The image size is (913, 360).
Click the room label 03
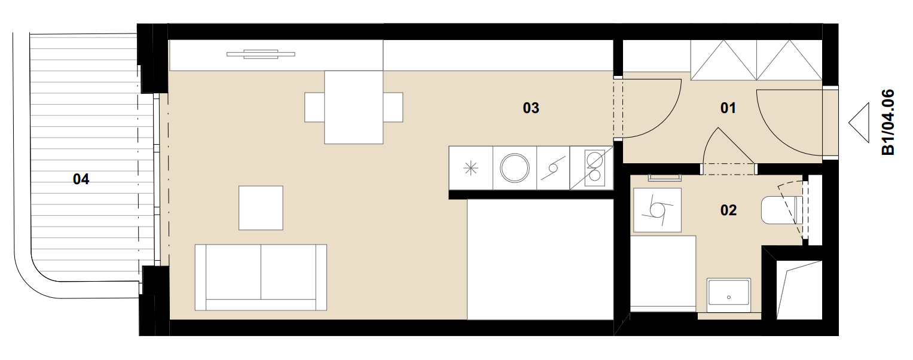click(x=531, y=108)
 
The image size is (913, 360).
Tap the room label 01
click(x=728, y=108)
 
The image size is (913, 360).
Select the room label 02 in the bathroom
click(x=728, y=210)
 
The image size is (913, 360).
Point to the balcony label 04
click(x=81, y=179)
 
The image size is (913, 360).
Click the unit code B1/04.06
click(x=888, y=123)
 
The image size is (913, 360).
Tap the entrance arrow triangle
click(x=859, y=123)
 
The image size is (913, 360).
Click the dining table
click(x=353, y=107)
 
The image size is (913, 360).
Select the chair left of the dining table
click(x=314, y=107)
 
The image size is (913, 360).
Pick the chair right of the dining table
click(x=393, y=107)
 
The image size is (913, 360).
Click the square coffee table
click(x=261, y=208)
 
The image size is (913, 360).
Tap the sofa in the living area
click(x=261, y=277)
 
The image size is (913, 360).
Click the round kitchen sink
click(x=515, y=168)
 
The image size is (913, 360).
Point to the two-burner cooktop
click(x=595, y=168)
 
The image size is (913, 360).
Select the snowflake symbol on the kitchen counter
click(x=471, y=168)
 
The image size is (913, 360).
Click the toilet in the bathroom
click(x=781, y=210)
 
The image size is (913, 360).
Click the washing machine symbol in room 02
click(x=657, y=210)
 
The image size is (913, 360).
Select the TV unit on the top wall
click(x=261, y=54)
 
